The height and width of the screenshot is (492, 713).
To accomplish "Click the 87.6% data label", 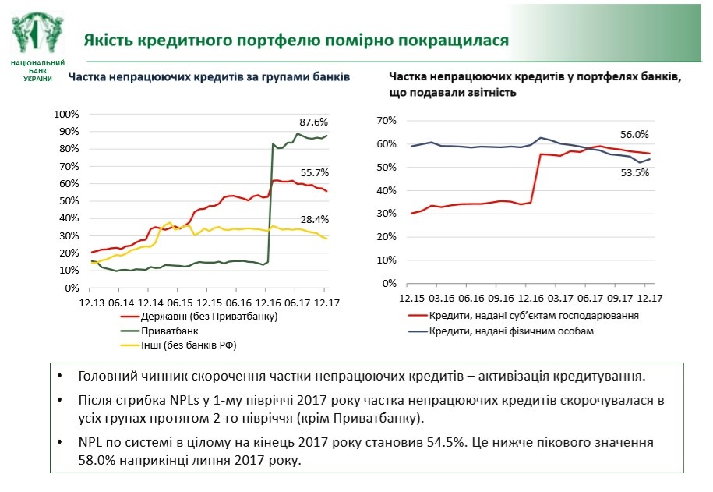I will tap(314, 122).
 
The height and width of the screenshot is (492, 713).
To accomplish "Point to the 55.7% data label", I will tap(314, 172).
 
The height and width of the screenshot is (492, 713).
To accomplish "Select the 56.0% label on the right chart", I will tap(634, 134).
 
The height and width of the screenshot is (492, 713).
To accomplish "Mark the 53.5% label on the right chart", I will tap(634, 173).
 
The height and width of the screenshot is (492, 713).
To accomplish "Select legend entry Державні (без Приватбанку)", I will tap(209, 317).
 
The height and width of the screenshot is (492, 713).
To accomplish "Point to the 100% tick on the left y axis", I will tap(67, 114).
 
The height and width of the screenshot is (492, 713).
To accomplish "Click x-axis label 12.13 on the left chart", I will tap(92, 302).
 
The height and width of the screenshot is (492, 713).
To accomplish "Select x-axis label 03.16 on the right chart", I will tap(441, 297).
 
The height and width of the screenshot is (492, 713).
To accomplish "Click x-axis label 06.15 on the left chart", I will tap(179, 302).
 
